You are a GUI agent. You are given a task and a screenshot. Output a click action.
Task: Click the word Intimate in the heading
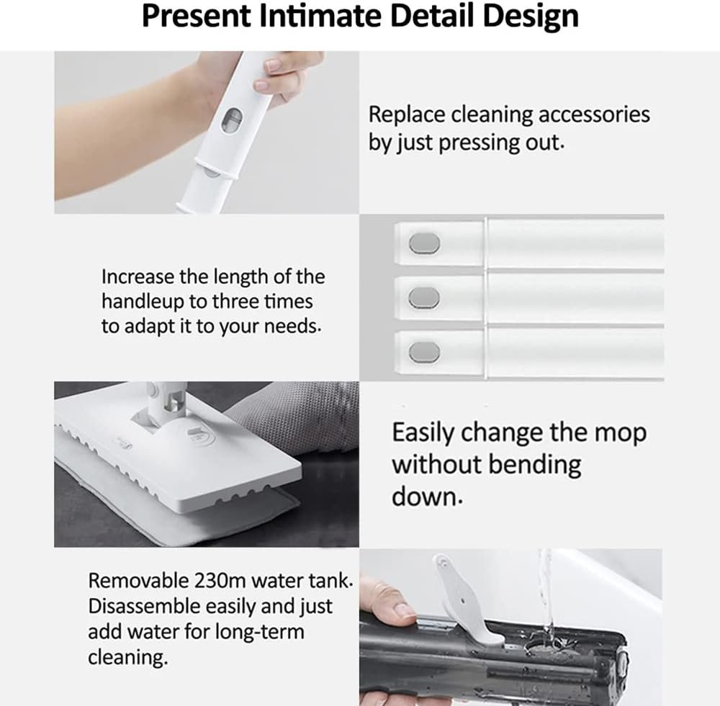point(320,16)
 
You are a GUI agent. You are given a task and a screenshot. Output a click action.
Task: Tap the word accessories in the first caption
point(594,114)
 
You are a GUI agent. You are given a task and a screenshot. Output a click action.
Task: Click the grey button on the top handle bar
point(424,243)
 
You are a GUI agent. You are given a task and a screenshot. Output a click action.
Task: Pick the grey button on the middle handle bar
point(424,298)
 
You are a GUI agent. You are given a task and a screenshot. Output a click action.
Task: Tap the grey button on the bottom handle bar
point(424,352)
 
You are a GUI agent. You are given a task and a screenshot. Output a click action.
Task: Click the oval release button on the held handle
point(231,120)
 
